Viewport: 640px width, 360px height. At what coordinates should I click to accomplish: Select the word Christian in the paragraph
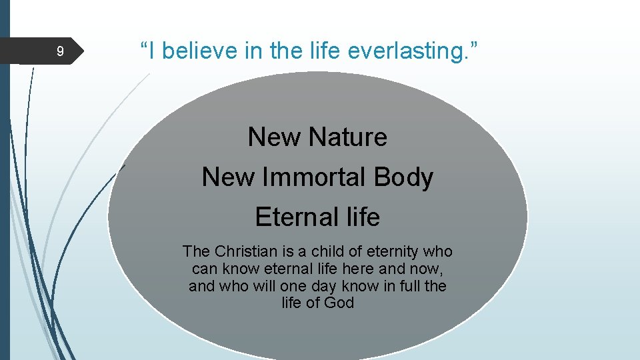tap(242, 252)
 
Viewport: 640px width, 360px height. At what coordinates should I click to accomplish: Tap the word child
tap(324, 252)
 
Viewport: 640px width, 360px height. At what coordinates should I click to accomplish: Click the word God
tap(339, 303)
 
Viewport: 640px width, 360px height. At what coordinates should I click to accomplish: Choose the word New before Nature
tap(274, 137)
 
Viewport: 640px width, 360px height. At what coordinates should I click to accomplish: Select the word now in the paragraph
tap(429, 269)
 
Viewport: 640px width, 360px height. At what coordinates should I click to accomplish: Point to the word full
tap(413, 287)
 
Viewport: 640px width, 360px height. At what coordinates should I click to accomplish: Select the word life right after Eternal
tap(363, 217)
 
